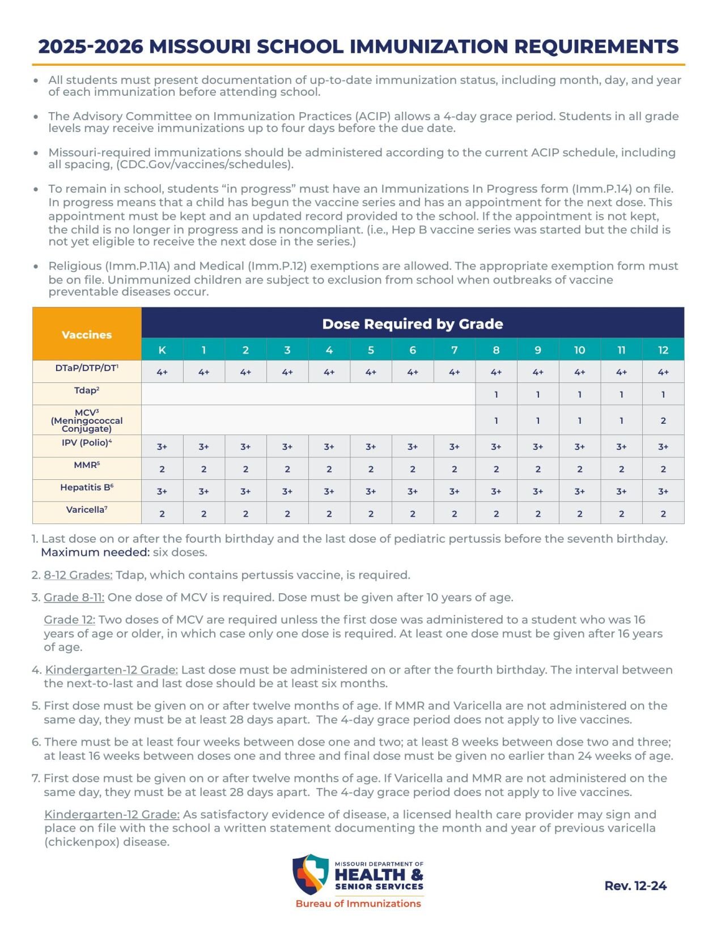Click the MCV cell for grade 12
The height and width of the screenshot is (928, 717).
[x=663, y=420]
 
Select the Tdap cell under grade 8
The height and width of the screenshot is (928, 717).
[x=496, y=394]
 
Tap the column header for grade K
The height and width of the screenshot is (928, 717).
[x=162, y=350]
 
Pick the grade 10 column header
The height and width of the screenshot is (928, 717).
[x=579, y=350]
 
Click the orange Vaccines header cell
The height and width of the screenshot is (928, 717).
[x=87, y=334]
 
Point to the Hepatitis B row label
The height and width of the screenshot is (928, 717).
[x=87, y=487]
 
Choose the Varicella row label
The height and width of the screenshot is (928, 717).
[x=87, y=510]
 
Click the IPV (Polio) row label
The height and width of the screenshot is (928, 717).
[x=87, y=442]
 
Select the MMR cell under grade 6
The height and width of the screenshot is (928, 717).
[x=413, y=469]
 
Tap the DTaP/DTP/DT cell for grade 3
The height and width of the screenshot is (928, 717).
[x=287, y=372]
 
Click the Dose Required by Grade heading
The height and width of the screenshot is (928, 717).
[x=412, y=324]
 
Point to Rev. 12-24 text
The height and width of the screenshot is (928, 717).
[x=635, y=886]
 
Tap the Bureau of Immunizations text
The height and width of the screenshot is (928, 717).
[x=358, y=904]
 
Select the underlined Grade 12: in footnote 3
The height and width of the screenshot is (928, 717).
[x=69, y=620]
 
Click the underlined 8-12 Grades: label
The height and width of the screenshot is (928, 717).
[x=78, y=575]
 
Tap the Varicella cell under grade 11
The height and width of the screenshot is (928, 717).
[x=621, y=514]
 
